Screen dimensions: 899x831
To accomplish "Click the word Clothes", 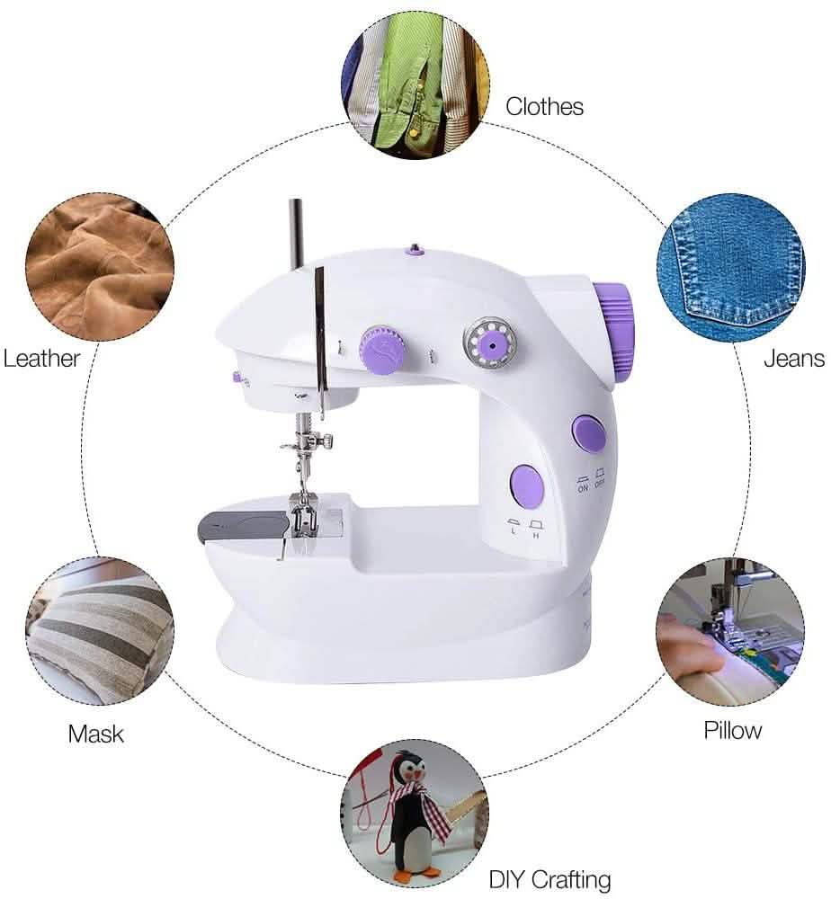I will tap(544, 106).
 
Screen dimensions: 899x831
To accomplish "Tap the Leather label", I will tap(41, 358).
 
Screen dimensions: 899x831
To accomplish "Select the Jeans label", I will tap(794, 358).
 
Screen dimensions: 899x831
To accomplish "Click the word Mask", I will tap(96, 734).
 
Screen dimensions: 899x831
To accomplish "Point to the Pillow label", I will tap(732, 730).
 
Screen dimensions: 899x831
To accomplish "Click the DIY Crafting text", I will tap(550, 878).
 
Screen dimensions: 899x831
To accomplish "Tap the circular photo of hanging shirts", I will tap(415, 85).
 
